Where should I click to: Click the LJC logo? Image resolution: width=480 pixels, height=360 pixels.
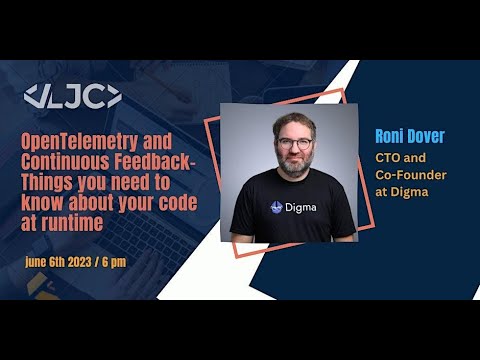[x=73, y=97]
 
